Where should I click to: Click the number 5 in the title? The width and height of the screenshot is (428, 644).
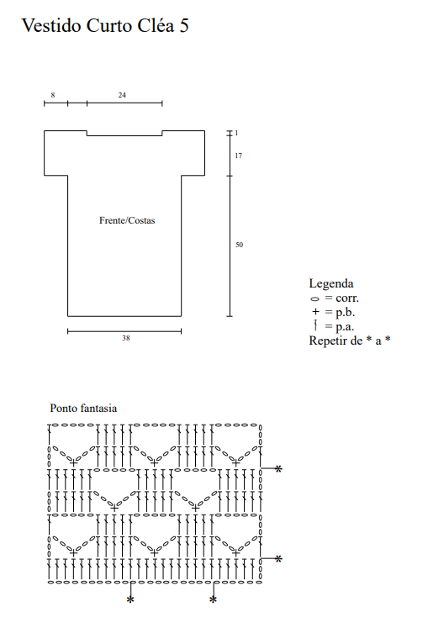click(183, 25)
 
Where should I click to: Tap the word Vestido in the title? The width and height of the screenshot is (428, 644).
click(52, 25)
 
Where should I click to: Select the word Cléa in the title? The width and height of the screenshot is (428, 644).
click(156, 25)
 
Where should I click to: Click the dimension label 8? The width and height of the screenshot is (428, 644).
click(53, 95)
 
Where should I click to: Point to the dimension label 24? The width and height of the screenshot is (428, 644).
click(122, 95)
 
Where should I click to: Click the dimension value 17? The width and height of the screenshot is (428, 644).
click(238, 156)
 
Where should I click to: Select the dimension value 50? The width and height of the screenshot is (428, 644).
click(239, 245)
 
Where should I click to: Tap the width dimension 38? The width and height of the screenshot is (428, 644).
click(125, 338)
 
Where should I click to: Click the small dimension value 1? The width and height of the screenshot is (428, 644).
click(236, 133)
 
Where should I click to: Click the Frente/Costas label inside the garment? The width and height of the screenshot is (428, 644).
click(127, 220)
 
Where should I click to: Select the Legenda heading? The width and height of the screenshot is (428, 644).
click(331, 283)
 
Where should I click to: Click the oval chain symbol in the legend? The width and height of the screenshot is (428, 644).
click(314, 299)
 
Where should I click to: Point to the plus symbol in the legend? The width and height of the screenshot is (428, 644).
click(315, 312)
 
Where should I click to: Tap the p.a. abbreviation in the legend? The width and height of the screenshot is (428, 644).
click(345, 327)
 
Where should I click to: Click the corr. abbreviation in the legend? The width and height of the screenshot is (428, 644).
click(347, 298)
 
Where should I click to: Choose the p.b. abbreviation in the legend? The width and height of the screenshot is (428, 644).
click(345, 313)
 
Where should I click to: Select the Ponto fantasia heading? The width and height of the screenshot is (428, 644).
click(83, 409)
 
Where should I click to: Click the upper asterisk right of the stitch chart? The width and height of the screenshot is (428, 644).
click(278, 468)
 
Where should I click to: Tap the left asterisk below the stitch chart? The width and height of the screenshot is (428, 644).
click(130, 600)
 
